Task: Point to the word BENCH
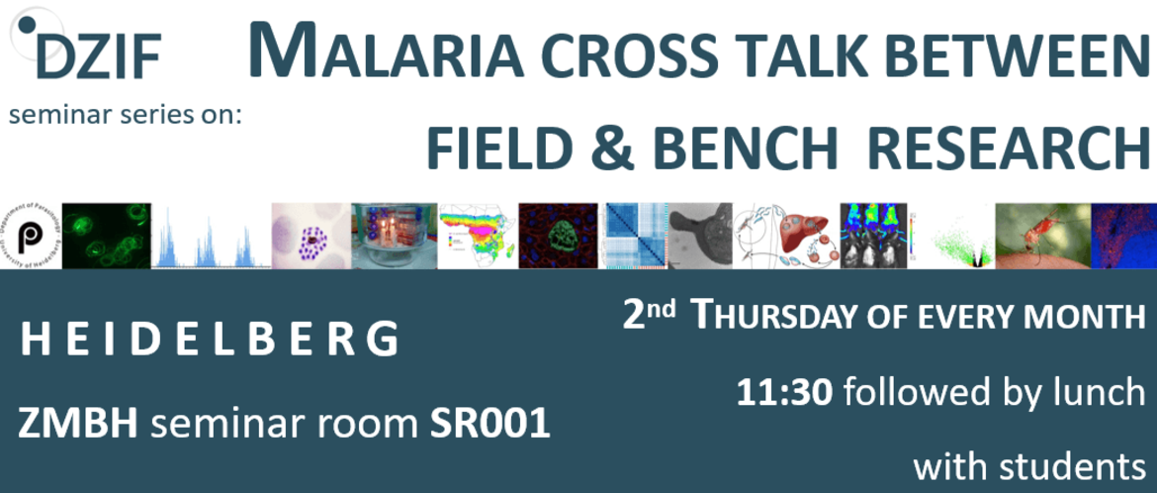tap(746, 148)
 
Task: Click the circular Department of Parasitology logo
tap(31, 236)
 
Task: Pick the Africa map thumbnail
tap(478, 236)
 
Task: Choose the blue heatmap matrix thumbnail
tap(637, 236)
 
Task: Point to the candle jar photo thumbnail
tap(394, 236)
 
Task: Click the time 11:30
tap(785, 392)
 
